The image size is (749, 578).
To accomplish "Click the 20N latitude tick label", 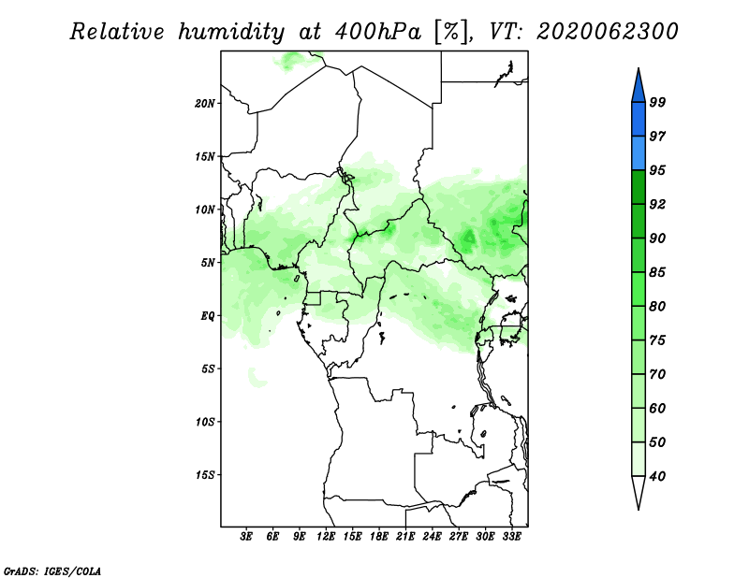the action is click(x=205, y=104).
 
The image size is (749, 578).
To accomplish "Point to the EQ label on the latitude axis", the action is click(x=207, y=316).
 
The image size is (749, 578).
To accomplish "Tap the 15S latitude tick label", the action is click(x=205, y=475).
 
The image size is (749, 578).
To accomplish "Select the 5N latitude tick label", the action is click(x=208, y=263).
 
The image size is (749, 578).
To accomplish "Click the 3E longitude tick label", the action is click(x=246, y=537).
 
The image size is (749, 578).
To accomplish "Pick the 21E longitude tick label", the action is click(x=405, y=537).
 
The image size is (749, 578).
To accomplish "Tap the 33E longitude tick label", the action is click(x=511, y=537).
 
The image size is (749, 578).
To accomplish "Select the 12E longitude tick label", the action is click(x=326, y=537).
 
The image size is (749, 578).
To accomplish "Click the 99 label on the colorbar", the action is click(x=657, y=102).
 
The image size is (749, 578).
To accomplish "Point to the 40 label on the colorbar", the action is click(x=657, y=476).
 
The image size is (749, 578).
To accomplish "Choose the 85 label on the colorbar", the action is click(x=657, y=272).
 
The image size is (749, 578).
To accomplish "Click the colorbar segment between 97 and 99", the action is click(x=639, y=120).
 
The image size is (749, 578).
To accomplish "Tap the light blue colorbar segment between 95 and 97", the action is click(x=639, y=153).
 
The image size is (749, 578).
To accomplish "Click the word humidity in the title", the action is click(x=231, y=32).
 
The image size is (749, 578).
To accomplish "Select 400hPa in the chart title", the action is click(x=378, y=32).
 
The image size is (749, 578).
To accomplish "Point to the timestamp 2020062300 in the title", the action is click(x=607, y=32).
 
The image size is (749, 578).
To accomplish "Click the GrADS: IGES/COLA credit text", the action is click(x=52, y=571).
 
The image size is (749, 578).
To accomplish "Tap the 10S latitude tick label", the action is click(x=205, y=422).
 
